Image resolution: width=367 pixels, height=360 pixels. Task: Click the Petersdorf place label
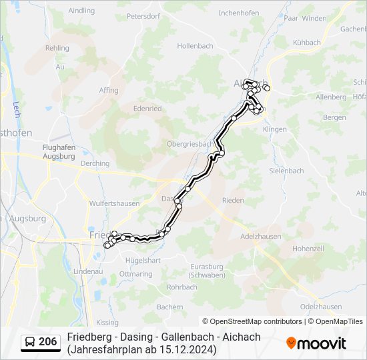coord(145,15)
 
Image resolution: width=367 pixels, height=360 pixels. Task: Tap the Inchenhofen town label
coord(238,13)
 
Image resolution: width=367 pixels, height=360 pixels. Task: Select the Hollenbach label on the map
coord(194,46)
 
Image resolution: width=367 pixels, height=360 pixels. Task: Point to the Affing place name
coord(109,90)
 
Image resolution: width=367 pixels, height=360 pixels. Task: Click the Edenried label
coord(147,108)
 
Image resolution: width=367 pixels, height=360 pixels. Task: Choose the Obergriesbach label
coord(190,143)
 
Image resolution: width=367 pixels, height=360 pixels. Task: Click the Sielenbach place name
coord(286,171)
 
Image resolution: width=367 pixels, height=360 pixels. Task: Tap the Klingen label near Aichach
coord(275,129)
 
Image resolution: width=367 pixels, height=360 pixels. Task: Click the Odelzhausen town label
coord(322,306)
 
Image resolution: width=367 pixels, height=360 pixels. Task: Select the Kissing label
coord(107,323)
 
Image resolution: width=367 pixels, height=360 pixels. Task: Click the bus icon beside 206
coord(30,342)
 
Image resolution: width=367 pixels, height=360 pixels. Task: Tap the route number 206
coord(47,342)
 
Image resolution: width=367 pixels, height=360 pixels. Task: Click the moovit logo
coord(316,343)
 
